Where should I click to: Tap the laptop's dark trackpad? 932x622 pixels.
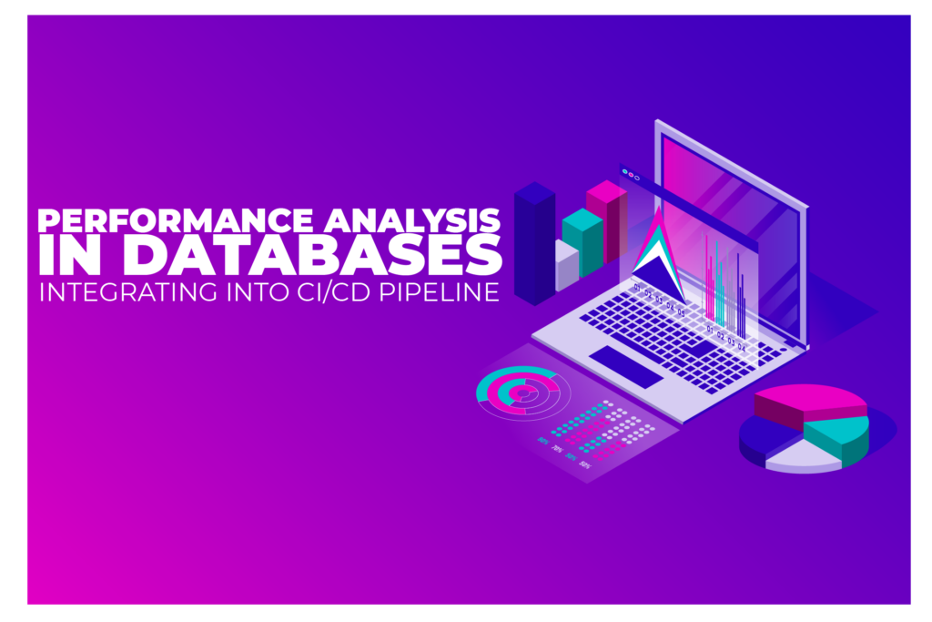pos(626,366)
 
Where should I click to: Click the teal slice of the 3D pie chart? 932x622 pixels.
pos(838,436)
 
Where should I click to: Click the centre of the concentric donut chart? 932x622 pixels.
pos(522,393)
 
